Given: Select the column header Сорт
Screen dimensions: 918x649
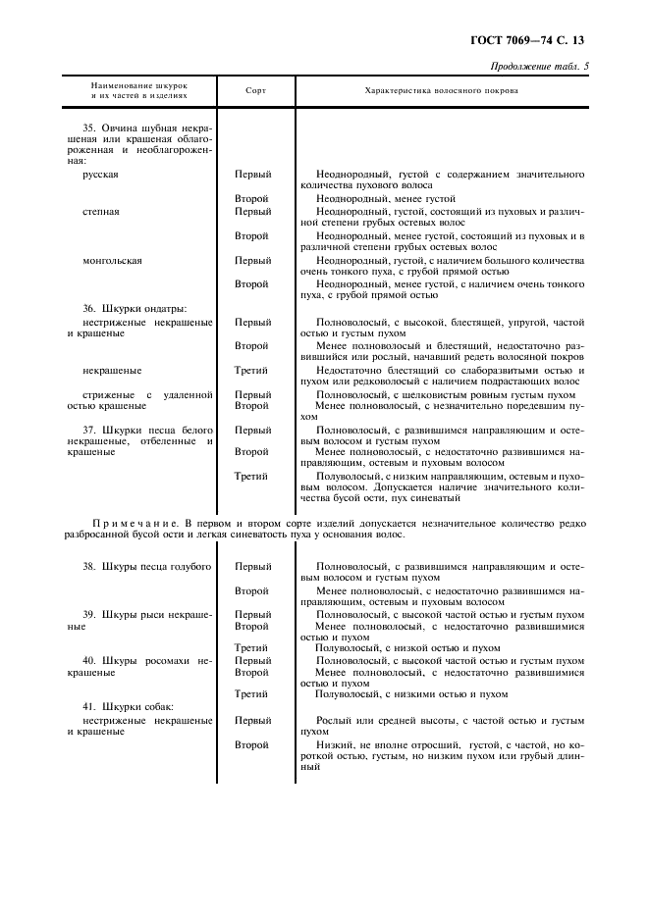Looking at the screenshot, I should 254,90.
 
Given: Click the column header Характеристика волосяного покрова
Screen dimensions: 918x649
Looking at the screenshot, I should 441,90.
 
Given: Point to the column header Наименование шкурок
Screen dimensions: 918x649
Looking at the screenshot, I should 138,85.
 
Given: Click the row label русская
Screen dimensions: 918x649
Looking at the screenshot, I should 102,175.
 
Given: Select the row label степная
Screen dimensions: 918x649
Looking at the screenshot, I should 102,211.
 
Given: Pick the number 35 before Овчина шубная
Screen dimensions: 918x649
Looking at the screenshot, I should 89,128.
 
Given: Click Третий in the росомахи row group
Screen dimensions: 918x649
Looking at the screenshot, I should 252,694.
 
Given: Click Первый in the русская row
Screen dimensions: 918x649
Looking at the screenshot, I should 252,175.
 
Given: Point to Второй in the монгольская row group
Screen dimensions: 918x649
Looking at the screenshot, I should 252,284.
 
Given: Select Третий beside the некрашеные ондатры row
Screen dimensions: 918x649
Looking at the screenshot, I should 252,371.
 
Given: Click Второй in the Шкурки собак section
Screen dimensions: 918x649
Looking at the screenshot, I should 252,745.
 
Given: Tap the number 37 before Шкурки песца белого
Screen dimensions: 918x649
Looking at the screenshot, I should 89,431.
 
